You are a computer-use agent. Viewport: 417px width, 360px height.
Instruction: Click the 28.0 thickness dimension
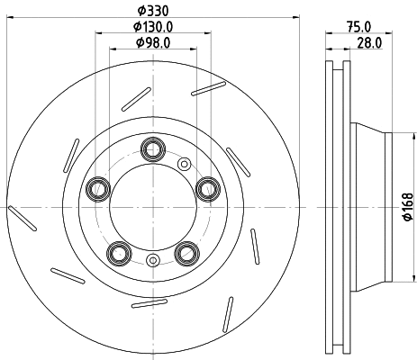369,42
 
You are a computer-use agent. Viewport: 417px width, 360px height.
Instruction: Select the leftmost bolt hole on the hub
95,188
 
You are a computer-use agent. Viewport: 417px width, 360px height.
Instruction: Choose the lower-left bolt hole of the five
117,252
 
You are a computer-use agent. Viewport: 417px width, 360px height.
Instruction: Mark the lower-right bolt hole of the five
187,252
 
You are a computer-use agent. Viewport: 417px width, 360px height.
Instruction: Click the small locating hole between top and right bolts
185,164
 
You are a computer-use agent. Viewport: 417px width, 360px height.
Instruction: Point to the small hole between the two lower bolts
152,261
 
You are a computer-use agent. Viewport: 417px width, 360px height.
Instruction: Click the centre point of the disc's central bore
152,206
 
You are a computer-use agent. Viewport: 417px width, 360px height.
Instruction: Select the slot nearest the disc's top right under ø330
209,86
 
